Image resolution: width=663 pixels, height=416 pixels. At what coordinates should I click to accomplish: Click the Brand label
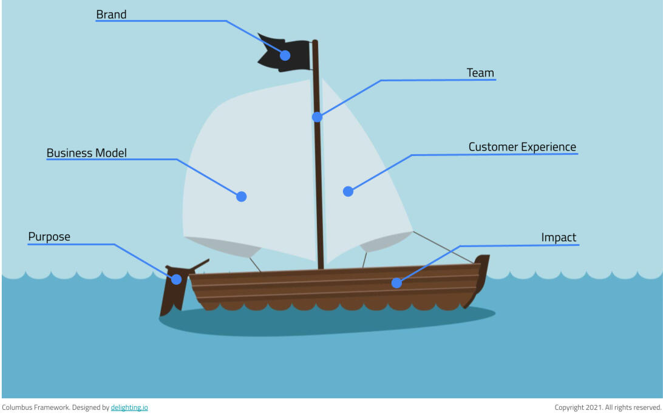point(111,15)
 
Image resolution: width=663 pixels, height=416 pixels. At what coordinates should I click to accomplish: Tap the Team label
point(480,73)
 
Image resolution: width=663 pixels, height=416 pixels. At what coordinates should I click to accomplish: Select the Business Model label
point(87,153)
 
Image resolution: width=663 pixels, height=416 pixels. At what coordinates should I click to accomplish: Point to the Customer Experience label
point(522,147)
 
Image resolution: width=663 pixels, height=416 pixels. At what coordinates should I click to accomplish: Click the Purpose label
point(49,237)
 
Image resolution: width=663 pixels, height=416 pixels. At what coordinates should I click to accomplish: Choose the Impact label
point(559,237)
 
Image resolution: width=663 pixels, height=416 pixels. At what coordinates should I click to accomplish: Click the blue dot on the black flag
point(285,55)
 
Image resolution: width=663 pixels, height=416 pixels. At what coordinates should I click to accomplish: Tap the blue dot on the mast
point(317,117)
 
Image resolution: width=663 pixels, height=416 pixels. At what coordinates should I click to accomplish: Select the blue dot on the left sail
point(241,196)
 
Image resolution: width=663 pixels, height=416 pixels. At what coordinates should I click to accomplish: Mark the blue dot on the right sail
point(348,191)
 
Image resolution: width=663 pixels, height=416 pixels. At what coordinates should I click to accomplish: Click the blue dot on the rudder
point(176,279)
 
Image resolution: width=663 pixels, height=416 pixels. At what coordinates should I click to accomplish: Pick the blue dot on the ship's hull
point(396,283)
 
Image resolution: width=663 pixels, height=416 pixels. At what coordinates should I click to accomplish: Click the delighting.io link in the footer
point(129,407)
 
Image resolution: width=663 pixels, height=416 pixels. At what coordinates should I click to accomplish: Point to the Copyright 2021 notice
point(607,407)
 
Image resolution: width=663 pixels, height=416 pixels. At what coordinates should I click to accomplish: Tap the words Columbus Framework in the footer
point(35,407)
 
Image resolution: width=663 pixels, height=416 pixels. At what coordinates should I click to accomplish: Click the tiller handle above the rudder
point(199,265)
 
